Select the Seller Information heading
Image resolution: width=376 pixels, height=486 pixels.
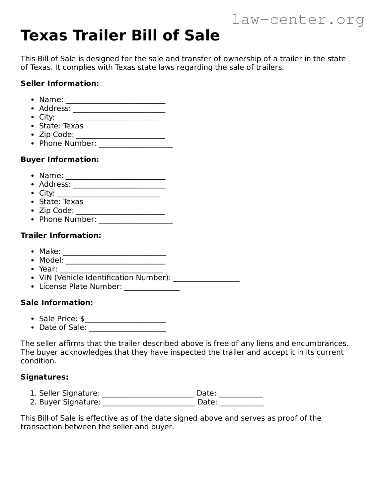60,84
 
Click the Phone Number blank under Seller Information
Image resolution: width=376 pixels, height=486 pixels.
136,144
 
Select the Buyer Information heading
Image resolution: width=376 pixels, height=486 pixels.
60,159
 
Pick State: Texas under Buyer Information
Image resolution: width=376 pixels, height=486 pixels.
61,202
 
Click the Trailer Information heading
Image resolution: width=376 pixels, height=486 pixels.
61,235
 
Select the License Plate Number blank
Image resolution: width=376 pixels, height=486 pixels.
152,287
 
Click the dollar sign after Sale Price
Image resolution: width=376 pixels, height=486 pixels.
82,319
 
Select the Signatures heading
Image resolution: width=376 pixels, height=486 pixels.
44,377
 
